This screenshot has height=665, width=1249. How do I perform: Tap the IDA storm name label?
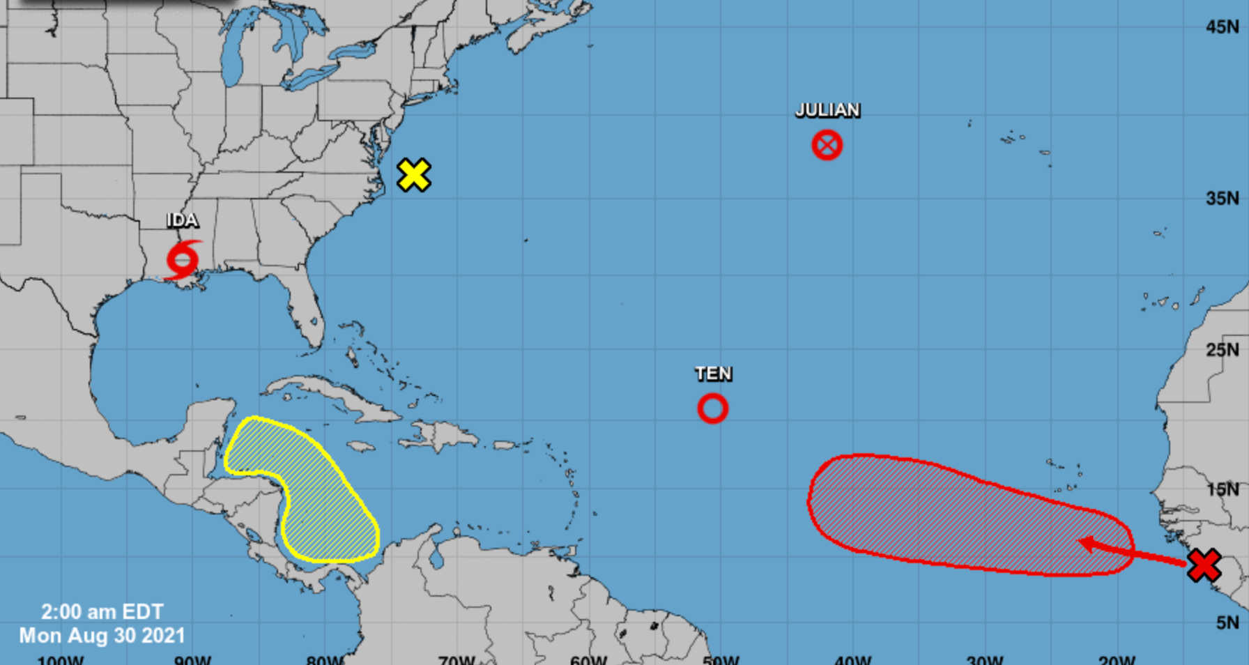(x=183, y=220)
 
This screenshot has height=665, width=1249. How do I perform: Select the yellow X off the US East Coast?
(x=413, y=175)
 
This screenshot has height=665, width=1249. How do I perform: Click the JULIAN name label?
(x=827, y=110)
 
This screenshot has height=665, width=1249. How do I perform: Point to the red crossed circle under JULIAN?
(x=827, y=146)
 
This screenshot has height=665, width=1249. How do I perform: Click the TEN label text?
(x=713, y=374)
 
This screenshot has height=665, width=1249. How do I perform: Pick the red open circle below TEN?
(x=712, y=408)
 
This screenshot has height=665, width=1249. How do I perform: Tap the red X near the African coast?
(x=1204, y=565)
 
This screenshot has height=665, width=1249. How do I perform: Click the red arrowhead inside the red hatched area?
(x=1085, y=544)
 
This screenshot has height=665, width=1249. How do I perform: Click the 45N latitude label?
(x=1222, y=27)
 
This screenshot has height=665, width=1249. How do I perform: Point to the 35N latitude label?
(x=1222, y=199)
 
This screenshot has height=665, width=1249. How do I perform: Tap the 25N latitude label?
(x=1222, y=350)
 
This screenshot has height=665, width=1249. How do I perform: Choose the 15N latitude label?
(x=1222, y=489)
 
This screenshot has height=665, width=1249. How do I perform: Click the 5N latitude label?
(x=1227, y=622)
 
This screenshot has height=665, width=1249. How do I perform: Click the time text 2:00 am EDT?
(x=102, y=612)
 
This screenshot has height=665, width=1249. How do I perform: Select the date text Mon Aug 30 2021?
(x=102, y=636)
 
